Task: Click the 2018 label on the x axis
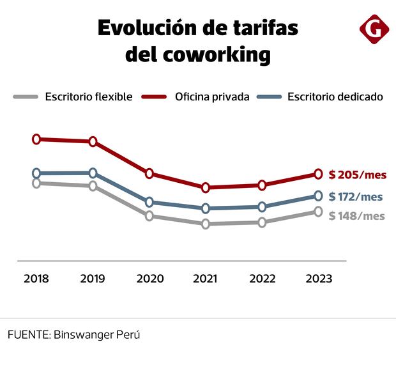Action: pyautogui.click(x=36, y=279)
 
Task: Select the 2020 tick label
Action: pyautogui.click(x=149, y=279)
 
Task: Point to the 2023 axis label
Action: pyautogui.click(x=318, y=279)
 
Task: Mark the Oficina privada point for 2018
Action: pyautogui.click(x=36, y=139)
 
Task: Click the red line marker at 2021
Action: pyautogui.click(x=206, y=187)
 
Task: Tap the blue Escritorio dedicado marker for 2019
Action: pyautogui.click(x=93, y=173)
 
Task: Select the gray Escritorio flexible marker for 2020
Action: pyautogui.click(x=149, y=216)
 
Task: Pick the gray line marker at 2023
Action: pyautogui.click(x=318, y=212)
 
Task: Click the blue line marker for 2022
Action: pyautogui.click(x=262, y=206)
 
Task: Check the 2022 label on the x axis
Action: pyautogui.click(x=262, y=279)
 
